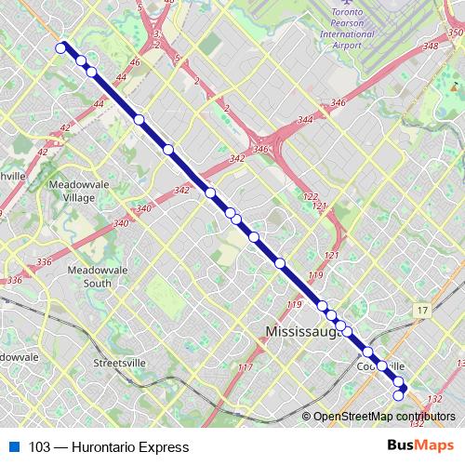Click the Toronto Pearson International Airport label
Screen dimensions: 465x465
320,29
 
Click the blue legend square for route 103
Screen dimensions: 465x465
13,447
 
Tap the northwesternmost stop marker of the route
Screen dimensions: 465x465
61,47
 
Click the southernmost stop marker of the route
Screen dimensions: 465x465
399,396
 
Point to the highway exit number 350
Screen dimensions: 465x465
455,33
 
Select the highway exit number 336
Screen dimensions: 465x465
13,279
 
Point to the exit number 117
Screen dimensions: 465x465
246,368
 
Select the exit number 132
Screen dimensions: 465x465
435,398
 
